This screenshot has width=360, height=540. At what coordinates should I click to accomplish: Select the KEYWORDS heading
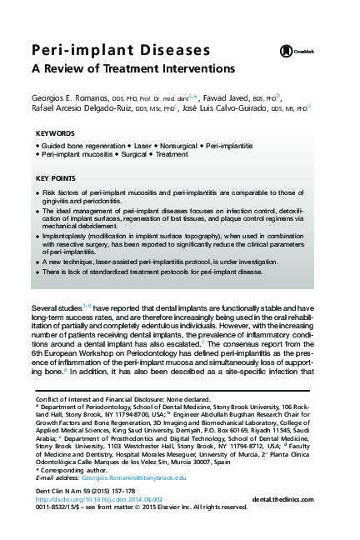[x=57, y=133]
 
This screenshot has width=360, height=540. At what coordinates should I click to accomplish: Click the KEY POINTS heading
[x=57, y=178]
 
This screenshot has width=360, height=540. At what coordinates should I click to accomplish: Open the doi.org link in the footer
[x=92, y=521]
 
